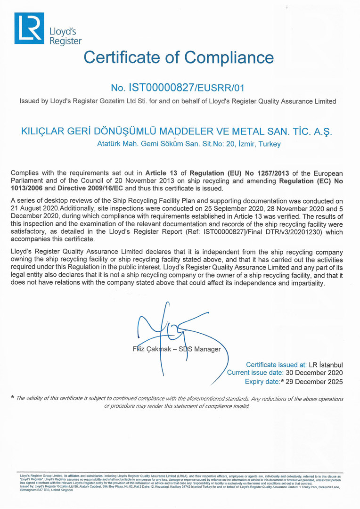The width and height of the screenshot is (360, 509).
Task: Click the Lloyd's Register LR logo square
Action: pyautogui.click(x=29, y=28)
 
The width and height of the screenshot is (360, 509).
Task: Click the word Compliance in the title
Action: pyautogui.click(x=229, y=57)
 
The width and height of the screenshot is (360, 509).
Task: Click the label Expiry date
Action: pyautogui.click(x=262, y=381)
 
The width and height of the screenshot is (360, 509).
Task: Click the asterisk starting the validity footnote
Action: pyautogui.click(x=12, y=398)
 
